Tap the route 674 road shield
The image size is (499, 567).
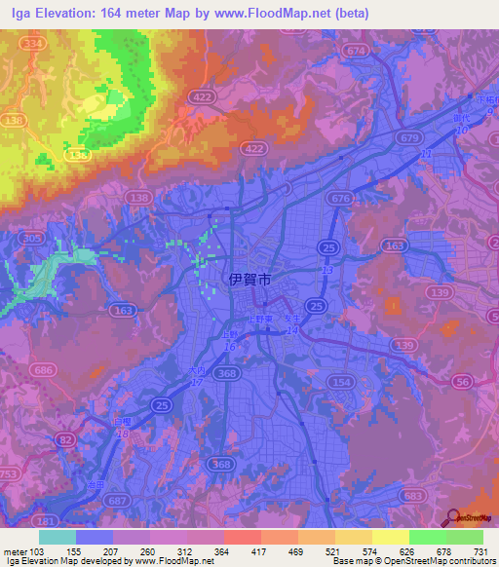click(357, 51)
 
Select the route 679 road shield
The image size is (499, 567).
click(409, 137)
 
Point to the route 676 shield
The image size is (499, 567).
click(340, 199)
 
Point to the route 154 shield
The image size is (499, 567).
click(340, 381)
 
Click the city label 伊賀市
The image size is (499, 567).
click(249, 279)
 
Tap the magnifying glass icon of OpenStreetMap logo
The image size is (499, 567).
click(449, 517)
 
